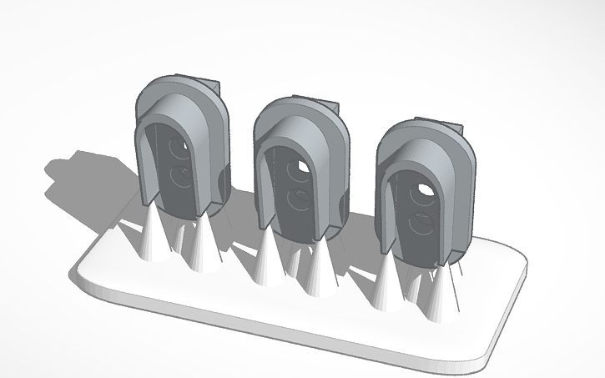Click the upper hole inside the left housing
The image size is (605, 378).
point(179,149)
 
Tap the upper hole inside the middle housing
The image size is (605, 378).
point(299,171)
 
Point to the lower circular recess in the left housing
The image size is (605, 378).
point(179,179)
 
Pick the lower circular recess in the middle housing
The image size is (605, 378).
point(296,201)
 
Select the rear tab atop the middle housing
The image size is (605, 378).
point(332,109)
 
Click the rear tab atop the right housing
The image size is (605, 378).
point(455,130)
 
